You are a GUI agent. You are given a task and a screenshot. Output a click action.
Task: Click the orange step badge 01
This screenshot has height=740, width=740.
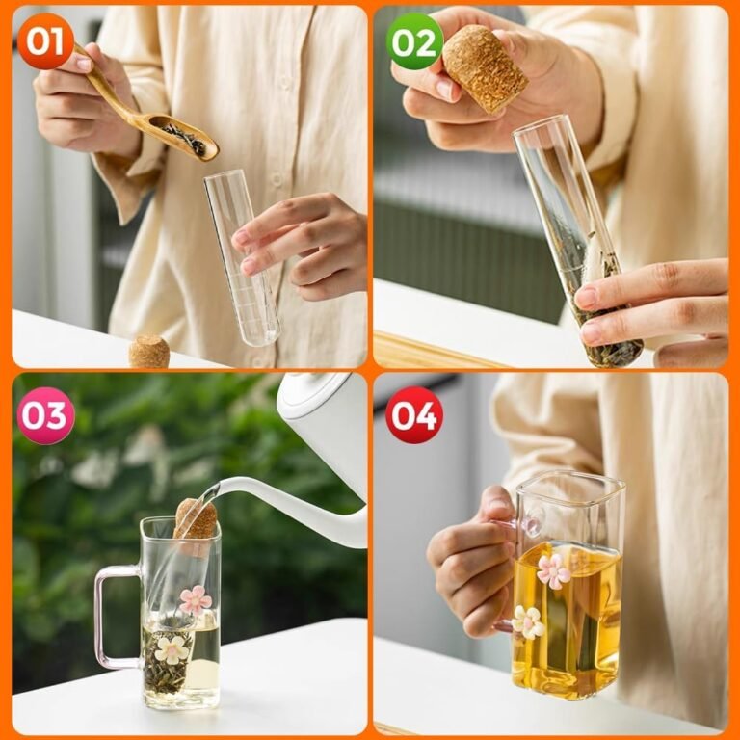(45, 41)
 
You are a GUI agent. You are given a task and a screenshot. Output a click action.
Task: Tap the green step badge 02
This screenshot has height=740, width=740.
(415, 42)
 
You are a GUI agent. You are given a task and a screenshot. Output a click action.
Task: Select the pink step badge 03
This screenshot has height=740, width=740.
(46, 416)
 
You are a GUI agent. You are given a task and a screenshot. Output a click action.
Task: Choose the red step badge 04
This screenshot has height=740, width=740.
(414, 416)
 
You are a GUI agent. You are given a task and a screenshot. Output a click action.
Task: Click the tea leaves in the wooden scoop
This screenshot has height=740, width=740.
(185, 139)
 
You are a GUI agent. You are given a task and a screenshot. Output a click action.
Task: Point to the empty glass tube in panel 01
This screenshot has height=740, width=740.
(242, 257)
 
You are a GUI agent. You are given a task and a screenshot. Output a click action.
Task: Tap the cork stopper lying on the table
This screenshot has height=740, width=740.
(149, 352)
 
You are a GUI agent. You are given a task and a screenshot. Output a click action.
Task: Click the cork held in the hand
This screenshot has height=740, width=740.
(486, 69)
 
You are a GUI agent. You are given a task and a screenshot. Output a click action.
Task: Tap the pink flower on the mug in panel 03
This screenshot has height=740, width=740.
(196, 600)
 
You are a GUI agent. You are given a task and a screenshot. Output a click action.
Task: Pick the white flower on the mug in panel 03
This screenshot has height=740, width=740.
(172, 649)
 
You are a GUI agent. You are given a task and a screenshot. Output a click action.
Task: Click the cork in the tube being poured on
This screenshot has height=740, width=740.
(196, 520)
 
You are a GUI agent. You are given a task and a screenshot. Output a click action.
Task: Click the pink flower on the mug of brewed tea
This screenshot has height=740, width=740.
(554, 571)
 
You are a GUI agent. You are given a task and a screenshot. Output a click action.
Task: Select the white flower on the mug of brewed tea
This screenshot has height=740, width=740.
(528, 622)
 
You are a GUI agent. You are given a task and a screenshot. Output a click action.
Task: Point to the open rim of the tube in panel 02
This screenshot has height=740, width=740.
(539, 126)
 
